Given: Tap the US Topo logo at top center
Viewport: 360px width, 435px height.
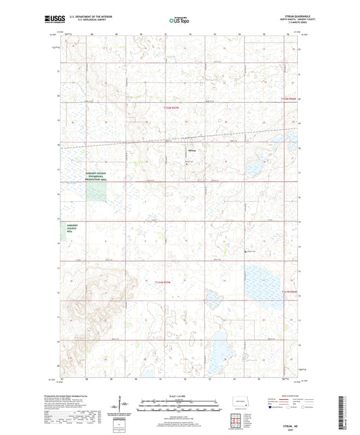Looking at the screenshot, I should [x=178, y=21].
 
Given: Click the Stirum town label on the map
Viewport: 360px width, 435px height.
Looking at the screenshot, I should [x=192, y=150].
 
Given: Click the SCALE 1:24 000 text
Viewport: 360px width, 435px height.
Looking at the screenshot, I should [x=179, y=394].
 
